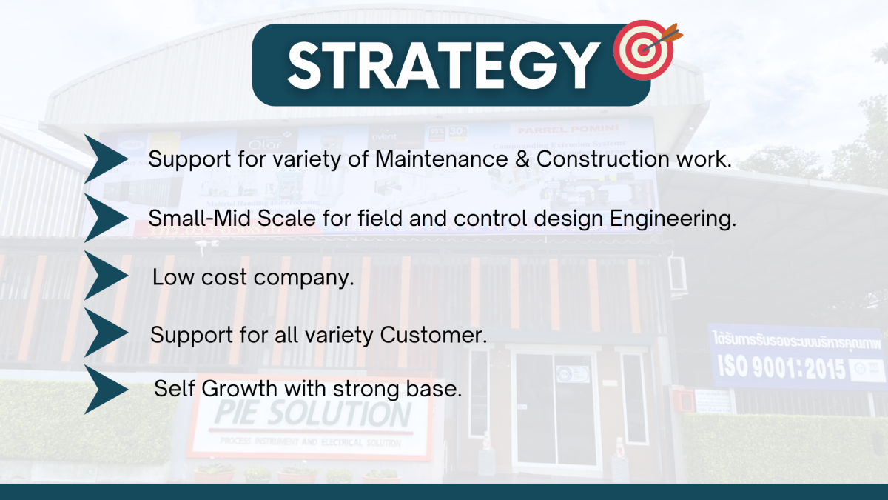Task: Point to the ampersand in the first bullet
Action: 522,159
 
